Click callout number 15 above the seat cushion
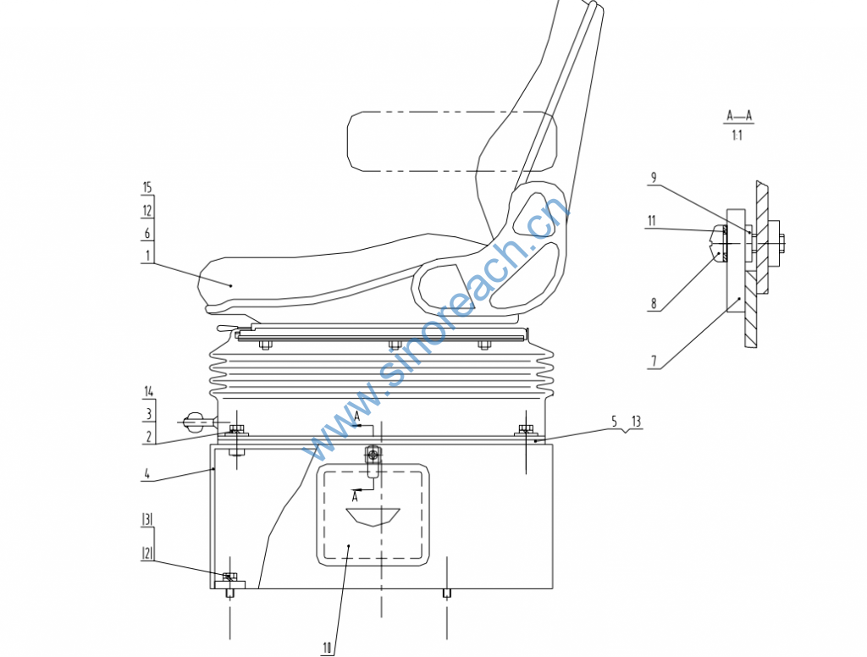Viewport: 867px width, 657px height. point(147,187)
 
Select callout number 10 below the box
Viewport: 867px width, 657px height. point(328,648)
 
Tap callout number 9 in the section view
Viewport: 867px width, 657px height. point(654,178)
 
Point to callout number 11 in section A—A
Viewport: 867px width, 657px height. point(652,221)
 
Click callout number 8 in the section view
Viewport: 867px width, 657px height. point(654,303)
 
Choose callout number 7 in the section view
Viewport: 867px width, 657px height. point(654,362)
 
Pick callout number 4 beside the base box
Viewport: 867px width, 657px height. point(147,474)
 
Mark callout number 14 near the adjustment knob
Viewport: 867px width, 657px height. point(149,391)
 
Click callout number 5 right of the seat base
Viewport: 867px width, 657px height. point(615,422)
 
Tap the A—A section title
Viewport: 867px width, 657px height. point(739,116)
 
